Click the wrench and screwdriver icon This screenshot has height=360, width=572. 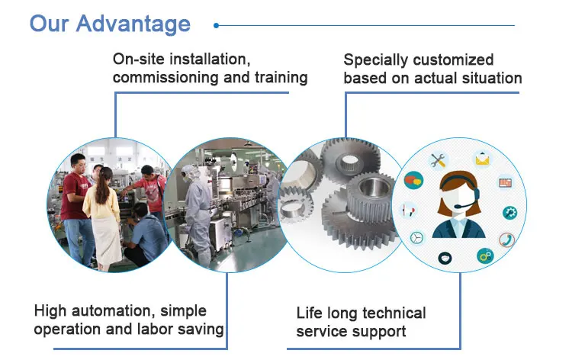(438, 160)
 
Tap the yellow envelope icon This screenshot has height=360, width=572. (482, 159)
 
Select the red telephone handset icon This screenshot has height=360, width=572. (506, 239)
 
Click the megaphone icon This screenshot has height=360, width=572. (409, 208)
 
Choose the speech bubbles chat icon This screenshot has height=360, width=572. (414, 181)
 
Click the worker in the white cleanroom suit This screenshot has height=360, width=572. (197, 206)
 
